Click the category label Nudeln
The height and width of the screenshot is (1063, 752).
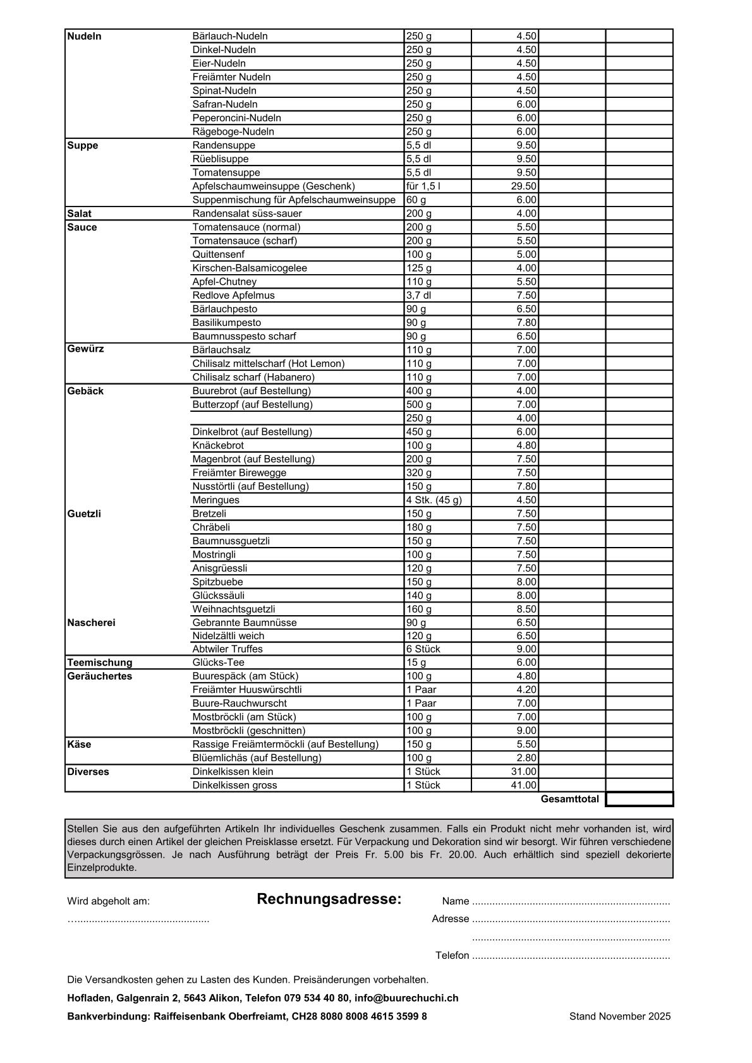84,37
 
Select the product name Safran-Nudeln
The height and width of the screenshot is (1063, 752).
225,104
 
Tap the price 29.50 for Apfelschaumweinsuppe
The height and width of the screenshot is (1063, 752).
524,186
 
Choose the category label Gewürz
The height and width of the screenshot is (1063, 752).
85,349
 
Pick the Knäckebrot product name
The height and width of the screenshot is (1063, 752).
218,445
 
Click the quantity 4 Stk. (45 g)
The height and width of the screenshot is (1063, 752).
434,500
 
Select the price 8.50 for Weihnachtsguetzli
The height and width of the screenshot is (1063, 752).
526,610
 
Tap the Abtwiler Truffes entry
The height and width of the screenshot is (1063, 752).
227,649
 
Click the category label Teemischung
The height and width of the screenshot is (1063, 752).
100,663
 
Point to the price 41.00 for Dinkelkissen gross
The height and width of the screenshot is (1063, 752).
524,786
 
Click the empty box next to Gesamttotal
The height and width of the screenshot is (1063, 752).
640,800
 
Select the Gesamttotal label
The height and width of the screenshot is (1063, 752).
569,800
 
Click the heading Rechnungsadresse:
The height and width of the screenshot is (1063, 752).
329,899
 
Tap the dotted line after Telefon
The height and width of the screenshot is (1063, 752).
571,956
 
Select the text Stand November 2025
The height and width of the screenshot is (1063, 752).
620,1017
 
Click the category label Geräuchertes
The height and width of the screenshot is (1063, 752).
100,676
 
